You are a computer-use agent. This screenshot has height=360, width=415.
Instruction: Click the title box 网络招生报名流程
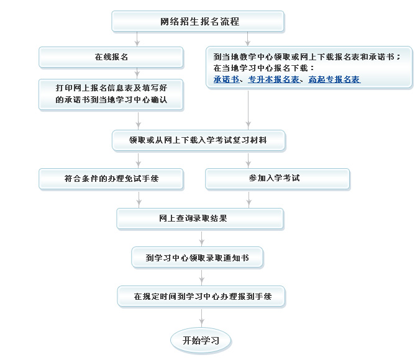pyautogui.click(x=198, y=22)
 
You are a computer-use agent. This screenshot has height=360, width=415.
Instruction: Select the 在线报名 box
pyautogui.click(x=111, y=57)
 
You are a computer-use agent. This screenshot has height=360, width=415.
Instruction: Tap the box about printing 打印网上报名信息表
pyautogui.click(x=111, y=94)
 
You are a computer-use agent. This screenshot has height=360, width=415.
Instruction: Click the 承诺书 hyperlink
pyautogui.click(x=226, y=79)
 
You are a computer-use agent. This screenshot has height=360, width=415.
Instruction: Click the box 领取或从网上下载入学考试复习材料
pyautogui.click(x=198, y=140)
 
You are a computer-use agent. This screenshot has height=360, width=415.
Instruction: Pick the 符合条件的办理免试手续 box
pyautogui.click(x=111, y=178)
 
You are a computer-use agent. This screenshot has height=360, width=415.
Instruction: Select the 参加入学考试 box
pyautogui.click(x=270, y=178)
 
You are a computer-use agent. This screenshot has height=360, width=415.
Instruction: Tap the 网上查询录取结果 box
pyautogui.click(x=200, y=218)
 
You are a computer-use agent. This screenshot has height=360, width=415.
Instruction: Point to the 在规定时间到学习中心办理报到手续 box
pyautogui.click(x=203, y=296)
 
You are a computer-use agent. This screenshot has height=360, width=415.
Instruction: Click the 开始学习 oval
pyautogui.click(x=201, y=340)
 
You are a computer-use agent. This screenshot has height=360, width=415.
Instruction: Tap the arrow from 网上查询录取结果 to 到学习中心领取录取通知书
pyautogui.click(x=201, y=238)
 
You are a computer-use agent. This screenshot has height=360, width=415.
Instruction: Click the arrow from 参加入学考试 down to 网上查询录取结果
pyautogui.click(x=249, y=199)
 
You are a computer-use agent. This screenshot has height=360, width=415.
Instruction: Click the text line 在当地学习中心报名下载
pyautogui.click(x=263, y=68)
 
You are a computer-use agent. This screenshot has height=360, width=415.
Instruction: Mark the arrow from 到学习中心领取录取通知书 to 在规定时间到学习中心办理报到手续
pyautogui.click(x=201, y=277)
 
